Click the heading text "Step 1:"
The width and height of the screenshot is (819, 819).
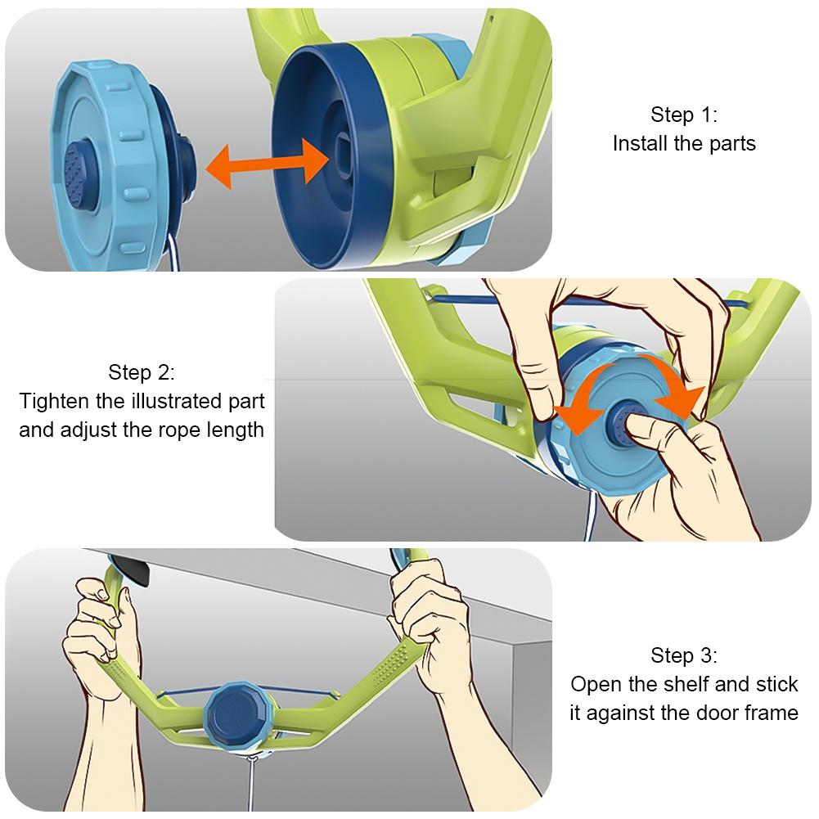click(684, 115)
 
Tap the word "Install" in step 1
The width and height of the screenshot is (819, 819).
click(641, 144)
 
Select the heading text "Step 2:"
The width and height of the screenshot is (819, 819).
click(141, 372)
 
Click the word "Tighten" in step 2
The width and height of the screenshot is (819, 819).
click(55, 402)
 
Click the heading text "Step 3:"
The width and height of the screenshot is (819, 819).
click(684, 655)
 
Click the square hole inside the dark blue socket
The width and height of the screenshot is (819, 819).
click(343, 150)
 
